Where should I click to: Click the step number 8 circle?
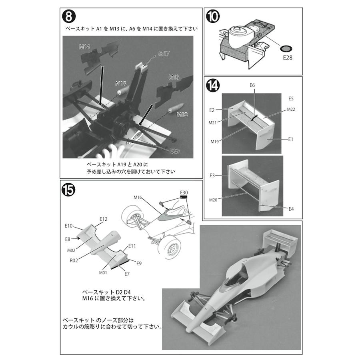click(x=69, y=17)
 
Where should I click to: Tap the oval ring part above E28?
click(x=286, y=49)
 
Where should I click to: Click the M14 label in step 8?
click(x=84, y=47)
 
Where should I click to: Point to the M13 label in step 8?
click(x=174, y=77)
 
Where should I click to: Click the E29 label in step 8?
click(x=174, y=151)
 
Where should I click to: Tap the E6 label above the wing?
click(x=252, y=85)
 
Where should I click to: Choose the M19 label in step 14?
click(x=215, y=141)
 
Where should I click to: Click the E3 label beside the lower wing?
click(x=212, y=175)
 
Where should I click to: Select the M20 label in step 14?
click(x=213, y=200)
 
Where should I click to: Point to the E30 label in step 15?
click(x=184, y=192)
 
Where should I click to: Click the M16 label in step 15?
click(x=138, y=197)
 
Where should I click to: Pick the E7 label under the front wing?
click(x=127, y=274)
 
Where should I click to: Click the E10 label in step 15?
click(x=68, y=226)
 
